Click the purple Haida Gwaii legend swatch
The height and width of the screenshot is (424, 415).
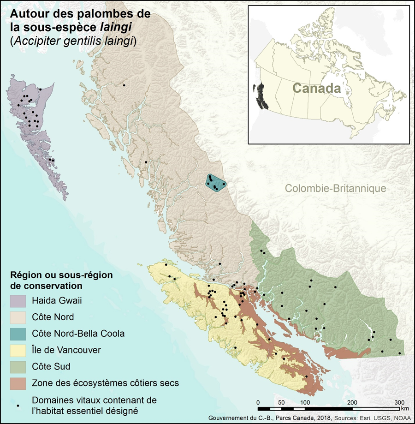point(18,301)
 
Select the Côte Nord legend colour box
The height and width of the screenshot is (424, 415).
point(18,317)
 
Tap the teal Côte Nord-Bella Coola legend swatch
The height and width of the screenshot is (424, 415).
point(18,333)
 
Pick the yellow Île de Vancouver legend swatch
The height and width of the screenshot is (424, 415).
point(18,350)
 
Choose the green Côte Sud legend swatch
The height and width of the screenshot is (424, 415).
point(18,366)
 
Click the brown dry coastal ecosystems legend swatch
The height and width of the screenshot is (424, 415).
point(18,383)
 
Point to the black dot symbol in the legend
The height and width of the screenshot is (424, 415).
point(18,405)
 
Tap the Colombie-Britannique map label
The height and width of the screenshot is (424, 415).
point(335,189)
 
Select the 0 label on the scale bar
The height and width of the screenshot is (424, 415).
point(258,401)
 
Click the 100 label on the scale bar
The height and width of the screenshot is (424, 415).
point(305,401)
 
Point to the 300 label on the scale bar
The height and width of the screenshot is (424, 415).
point(400,401)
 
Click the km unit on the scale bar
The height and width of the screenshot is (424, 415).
point(405,408)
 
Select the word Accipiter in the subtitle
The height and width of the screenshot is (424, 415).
point(31,42)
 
